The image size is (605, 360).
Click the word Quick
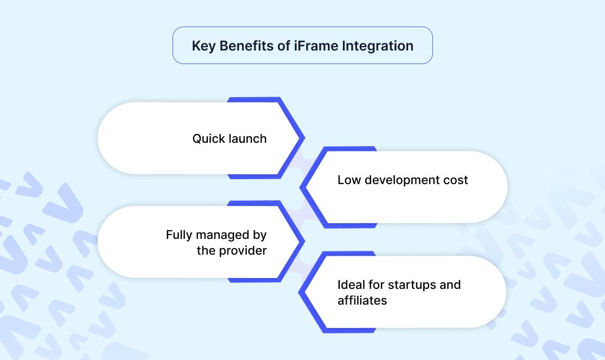208,138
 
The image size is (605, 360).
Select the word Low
349,180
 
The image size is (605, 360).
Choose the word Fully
179,235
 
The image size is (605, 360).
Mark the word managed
224,236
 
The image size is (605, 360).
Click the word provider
243,251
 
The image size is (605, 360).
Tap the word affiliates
362,300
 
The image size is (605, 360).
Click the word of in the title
284,46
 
